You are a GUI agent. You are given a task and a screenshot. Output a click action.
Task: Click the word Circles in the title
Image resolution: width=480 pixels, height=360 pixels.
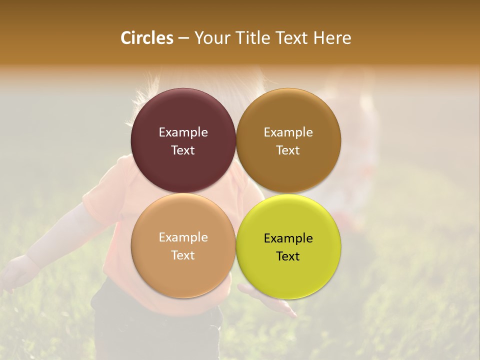coord(147,38)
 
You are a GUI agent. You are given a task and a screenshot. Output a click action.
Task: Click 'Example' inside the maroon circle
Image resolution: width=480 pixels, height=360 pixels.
coord(183,132)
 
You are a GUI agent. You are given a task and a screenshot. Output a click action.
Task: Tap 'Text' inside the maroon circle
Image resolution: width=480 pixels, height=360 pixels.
coord(183,150)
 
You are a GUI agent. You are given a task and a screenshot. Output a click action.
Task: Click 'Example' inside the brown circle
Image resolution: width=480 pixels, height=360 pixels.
coord(288,132)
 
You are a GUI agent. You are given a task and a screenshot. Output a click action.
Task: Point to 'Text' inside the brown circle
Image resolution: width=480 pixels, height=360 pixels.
coord(288,150)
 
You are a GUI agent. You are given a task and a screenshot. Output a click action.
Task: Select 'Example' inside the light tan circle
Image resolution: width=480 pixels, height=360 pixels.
coord(183,237)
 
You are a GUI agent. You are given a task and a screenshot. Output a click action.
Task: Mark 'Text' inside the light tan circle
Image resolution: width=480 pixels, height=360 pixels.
coord(183,255)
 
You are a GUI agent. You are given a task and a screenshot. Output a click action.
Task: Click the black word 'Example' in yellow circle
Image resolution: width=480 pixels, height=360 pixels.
coord(288,238)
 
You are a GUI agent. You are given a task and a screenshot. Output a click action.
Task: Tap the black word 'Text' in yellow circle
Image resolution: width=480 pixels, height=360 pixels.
coord(288,256)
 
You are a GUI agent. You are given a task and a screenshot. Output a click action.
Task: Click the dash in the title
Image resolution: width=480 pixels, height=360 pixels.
coord(183,38)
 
